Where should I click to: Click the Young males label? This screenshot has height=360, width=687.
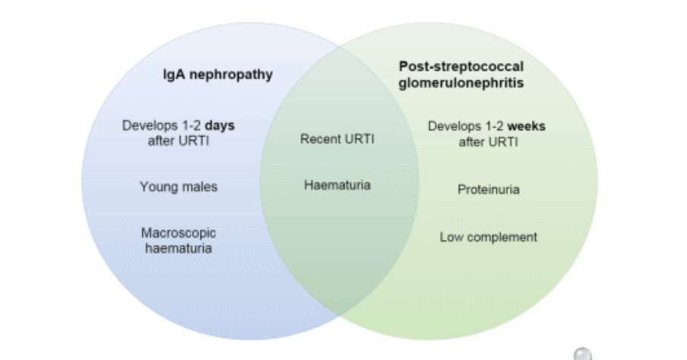[179, 187]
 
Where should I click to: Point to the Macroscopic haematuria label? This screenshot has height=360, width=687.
[179, 241]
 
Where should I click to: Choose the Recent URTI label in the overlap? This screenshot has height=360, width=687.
[337, 140]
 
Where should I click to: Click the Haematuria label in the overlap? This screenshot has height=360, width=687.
[337, 185]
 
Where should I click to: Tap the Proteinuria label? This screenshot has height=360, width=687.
[489, 189]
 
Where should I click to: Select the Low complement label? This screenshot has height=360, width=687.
[489, 237]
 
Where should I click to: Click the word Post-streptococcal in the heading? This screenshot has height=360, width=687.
[451, 65]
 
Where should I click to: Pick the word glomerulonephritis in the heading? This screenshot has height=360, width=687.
[451, 83]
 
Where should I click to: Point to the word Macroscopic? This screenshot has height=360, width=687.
[179, 233]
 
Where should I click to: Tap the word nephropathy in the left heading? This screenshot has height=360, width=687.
[232, 75]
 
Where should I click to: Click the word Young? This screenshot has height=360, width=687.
[157, 187]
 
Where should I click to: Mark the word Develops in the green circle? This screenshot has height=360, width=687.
[452, 125]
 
